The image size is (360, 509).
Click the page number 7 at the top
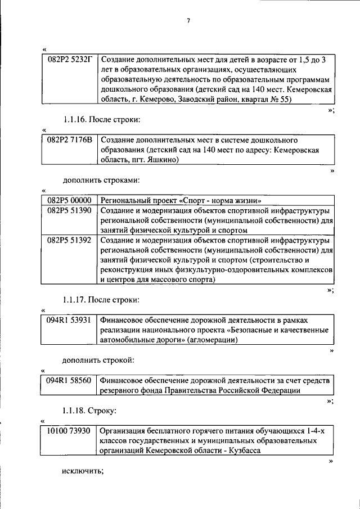tap(189, 21)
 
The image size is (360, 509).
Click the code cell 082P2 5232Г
tap(69, 59)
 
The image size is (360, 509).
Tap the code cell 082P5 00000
tap(69, 200)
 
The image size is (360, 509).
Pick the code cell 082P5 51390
tap(69, 210)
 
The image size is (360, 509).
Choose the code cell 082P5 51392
tap(69, 240)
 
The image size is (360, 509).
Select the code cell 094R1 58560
tap(69, 381)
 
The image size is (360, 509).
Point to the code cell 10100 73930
tap(69, 431)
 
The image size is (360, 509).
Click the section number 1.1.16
tap(75, 119)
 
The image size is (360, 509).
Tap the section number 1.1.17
tap(75, 299)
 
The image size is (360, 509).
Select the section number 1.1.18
tap(75, 411)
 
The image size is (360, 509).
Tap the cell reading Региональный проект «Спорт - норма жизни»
tap(181, 200)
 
